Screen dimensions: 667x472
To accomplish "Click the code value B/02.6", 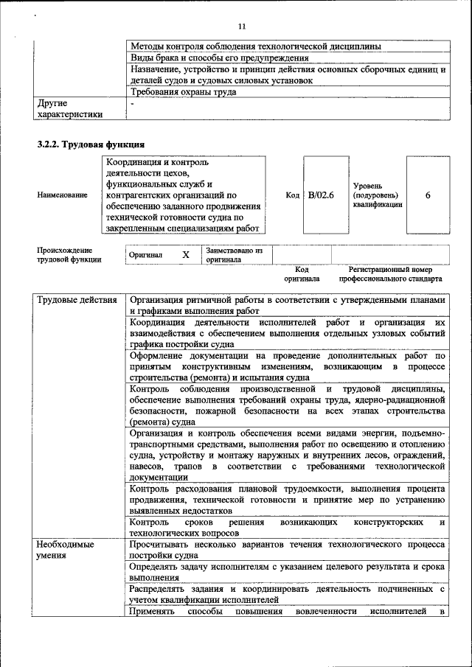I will pyautogui.click(x=321, y=195).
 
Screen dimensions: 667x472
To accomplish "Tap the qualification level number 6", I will pyautogui.click(x=428, y=195).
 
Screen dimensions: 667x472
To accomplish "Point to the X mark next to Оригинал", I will pyautogui.click(x=186, y=254).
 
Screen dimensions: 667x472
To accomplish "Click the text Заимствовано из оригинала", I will pyautogui.click(x=234, y=255).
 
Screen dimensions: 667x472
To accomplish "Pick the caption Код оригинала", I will pyautogui.click(x=302, y=275).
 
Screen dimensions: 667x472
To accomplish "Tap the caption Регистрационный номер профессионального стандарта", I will pyautogui.click(x=390, y=275).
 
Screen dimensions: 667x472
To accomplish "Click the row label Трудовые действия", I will pyautogui.click(x=77, y=301).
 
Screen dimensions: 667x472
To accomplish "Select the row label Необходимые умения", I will pyautogui.click(x=66, y=549).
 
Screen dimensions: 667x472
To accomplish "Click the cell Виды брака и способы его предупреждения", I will pyautogui.click(x=219, y=57).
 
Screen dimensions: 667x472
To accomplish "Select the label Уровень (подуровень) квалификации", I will pyautogui.click(x=377, y=195).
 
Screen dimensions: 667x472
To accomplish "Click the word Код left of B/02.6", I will pyautogui.click(x=292, y=195).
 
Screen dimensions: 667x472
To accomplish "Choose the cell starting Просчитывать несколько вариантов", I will pyautogui.click(x=287, y=549).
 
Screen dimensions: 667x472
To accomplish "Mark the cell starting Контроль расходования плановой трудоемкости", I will pyautogui.click(x=287, y=498).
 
